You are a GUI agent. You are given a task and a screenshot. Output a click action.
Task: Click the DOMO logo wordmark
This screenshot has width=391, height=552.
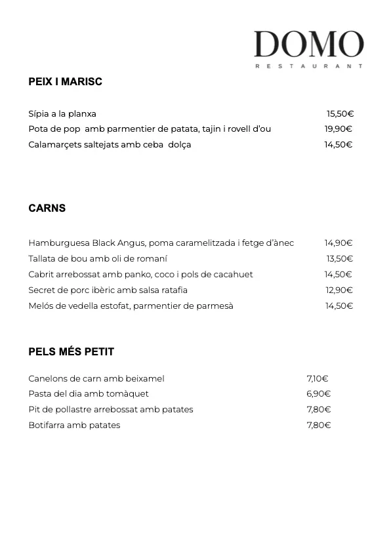(308, 44)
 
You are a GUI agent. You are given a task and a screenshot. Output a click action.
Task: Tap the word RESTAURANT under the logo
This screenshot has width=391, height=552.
(308, 66)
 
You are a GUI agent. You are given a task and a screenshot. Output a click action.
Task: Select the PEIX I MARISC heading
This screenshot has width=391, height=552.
(65, 82)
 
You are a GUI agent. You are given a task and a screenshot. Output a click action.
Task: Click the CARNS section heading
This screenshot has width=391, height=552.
(47, 208)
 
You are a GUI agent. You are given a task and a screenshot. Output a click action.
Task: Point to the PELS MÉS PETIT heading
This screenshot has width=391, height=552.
(71, 352)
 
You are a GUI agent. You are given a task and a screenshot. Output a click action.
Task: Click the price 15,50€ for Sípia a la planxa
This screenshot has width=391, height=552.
(340, 113)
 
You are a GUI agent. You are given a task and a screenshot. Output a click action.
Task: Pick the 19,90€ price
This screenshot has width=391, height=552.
(339, 129)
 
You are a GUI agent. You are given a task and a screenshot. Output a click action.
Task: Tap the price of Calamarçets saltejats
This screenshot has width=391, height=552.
(339, 145)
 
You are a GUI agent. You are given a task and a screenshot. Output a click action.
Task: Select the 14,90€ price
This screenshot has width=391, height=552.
(339, 243)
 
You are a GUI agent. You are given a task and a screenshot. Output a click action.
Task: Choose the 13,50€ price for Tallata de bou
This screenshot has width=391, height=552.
(340, 259)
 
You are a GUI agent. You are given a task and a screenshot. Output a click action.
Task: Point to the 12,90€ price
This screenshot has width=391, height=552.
(339, 290)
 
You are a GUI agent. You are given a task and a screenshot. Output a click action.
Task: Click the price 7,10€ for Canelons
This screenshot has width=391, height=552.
(318, 378)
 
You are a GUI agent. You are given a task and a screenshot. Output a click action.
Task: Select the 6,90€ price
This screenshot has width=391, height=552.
(318, 394)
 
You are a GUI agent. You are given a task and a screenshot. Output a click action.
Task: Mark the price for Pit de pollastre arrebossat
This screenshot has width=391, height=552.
(318, 410)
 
